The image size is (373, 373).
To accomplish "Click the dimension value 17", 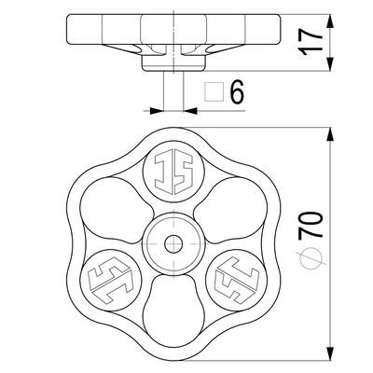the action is tap(311, 42).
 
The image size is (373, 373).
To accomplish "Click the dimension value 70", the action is tap(311, 225).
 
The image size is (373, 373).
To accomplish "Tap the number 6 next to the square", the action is tap(237, 92).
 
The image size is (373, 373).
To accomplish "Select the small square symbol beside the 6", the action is tap(214, 92).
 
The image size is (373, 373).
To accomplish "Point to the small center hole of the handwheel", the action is tap(173, 244).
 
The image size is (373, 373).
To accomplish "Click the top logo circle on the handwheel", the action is tap(173, 173).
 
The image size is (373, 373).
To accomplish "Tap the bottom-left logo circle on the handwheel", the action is tap(111, 281).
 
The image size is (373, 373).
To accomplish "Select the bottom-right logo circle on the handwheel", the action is tap(237, 281).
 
